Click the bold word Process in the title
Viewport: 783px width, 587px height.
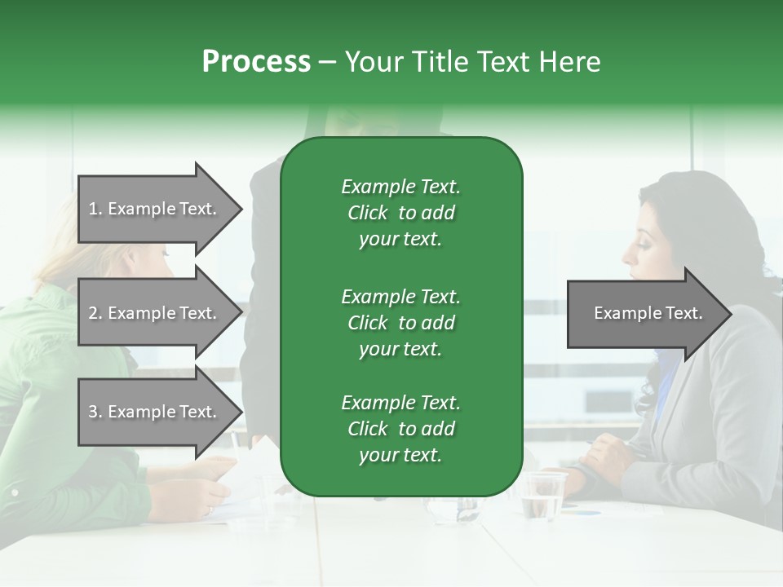(256, 62)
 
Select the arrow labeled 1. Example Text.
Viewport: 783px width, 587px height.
(155, 209)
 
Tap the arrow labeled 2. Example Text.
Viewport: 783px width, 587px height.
(155, 313)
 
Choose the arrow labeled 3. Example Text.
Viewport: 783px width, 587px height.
(155, 412)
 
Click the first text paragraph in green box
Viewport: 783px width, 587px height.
(400, 213)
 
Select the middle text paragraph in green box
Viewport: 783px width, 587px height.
(400, 323)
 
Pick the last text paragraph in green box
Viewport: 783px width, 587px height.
(400, 429)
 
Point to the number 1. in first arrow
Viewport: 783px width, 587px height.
(95, 209)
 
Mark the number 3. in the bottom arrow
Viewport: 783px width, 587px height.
(95, 412)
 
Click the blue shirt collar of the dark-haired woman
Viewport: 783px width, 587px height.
(666, 383)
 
